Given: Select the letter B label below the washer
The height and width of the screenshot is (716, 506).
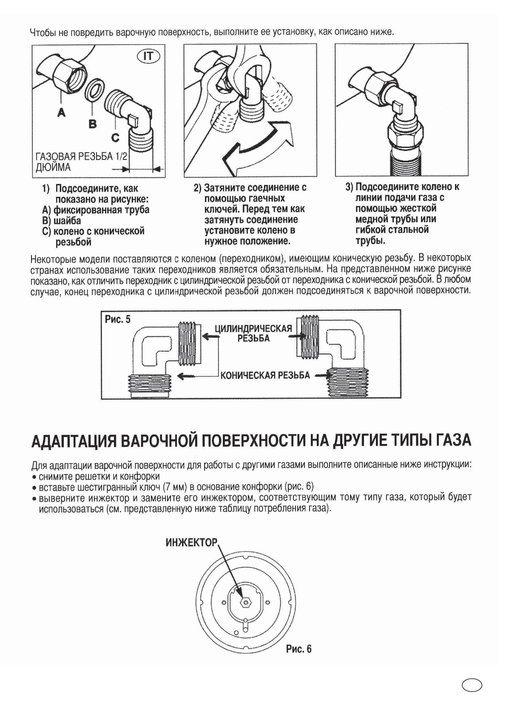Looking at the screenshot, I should [93, 124].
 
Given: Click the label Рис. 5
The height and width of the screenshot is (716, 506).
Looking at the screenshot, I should [118, 319].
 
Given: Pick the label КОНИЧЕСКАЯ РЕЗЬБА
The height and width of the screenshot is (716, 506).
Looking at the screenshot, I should [264, 375].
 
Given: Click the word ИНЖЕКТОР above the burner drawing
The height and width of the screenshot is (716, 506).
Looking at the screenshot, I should [191, 543].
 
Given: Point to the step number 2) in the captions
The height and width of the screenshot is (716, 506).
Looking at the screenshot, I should [198, 188].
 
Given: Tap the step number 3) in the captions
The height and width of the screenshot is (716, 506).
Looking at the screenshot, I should [349, 187].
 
